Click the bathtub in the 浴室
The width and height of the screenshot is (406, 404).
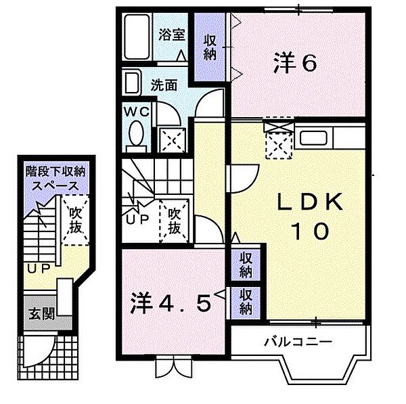coord(137,37)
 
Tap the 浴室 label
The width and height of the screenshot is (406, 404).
coord(172,35)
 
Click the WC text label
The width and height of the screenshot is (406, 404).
coord(137,112)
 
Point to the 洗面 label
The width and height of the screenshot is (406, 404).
coord(164,85)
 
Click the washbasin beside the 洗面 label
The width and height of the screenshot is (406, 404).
coord(132,83)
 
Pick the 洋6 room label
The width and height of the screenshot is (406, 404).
coord(295,62)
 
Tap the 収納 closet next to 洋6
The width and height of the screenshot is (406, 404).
coord(210,47)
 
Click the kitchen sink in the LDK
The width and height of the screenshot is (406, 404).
coord(313,138)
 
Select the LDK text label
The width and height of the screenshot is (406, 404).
coord(310,202)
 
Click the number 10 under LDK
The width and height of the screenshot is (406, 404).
coord(310,231)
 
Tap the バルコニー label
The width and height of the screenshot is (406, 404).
coord(298,342)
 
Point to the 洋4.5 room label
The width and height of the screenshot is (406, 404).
coord(171,302)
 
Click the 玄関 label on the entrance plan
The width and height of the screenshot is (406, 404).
coord(42,314)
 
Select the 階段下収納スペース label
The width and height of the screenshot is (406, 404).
coord(55,179)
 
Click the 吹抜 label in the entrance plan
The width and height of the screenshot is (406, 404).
coord(75,220)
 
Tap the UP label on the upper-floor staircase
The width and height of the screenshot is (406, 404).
coord(137,220)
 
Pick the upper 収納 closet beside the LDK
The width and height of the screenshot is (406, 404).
coord(245,265)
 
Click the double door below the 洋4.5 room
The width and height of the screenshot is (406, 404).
coord(174,367)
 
